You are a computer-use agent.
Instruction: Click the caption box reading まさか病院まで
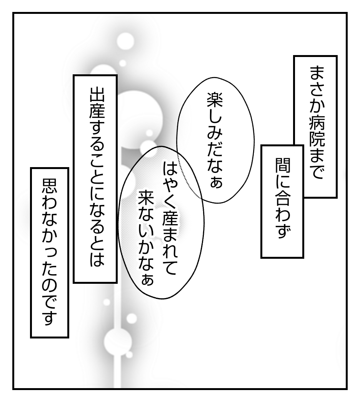point(315,127)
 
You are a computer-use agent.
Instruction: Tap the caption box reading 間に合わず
point(282,201)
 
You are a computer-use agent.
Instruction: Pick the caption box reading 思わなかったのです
point(49,252)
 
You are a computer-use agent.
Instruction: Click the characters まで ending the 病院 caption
point(316,164)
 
